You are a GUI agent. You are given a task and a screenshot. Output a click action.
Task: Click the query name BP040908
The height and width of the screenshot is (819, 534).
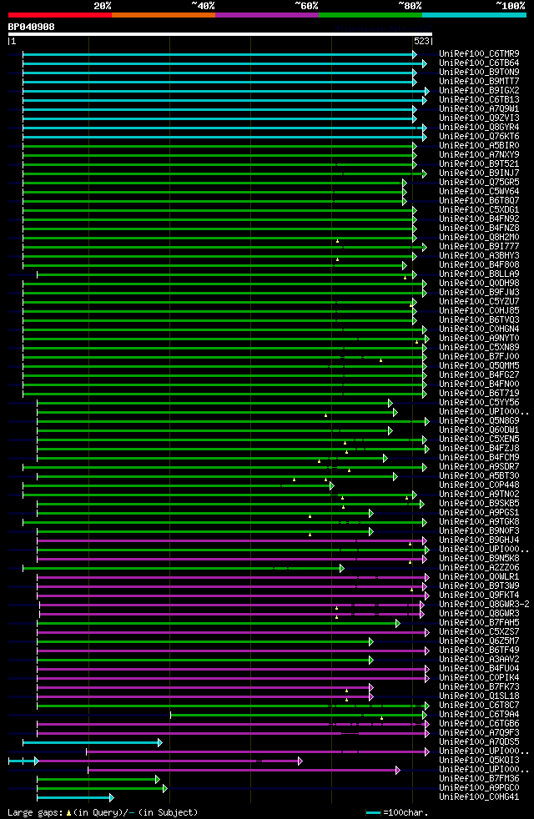click(32, 27)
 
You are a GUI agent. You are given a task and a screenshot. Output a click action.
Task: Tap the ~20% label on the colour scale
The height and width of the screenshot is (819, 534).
click(103, 6)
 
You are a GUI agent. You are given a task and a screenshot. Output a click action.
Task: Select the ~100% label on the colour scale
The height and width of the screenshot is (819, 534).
click(509, 6)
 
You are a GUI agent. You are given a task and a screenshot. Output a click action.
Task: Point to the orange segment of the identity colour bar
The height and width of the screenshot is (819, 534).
click(164, 15)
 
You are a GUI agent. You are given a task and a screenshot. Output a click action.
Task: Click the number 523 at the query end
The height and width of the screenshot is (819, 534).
click(421, 41)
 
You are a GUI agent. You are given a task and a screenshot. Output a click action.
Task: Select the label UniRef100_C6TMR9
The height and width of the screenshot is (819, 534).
click(479, 54)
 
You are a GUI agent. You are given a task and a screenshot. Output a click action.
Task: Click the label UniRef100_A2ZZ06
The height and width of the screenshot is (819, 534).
click(479, 568)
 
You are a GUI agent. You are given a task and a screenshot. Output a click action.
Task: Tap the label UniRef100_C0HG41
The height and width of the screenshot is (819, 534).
click(479, 797)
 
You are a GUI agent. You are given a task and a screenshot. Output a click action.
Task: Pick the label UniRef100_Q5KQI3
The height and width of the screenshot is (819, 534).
click(479, 761)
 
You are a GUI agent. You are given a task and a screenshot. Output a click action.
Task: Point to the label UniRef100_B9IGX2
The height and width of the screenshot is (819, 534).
click(479, 91)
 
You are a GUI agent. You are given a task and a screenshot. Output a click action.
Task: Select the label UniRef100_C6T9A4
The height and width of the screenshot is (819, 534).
click(479, 715)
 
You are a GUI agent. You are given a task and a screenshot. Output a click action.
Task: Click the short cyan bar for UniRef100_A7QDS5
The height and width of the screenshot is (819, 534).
click(92, 742)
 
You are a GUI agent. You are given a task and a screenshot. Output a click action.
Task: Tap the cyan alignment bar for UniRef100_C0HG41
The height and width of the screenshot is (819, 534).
click(74, 797)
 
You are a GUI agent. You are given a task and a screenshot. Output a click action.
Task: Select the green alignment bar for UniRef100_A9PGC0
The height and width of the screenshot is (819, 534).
click(100, 788)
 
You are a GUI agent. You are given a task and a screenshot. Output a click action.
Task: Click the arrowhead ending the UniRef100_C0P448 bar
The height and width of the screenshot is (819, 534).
click(331, 485)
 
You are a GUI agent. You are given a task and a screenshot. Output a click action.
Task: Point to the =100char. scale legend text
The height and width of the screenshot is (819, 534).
click(404, 812)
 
